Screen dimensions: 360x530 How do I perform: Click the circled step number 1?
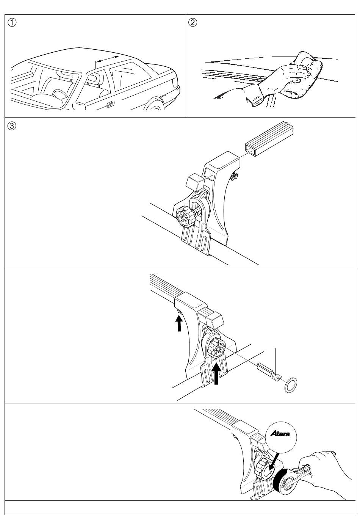click(13, 22)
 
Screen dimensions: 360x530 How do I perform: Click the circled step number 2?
click(193, 22)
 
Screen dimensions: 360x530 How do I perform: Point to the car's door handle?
click(110, 104)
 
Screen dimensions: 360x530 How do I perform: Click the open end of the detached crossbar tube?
click(250, 147)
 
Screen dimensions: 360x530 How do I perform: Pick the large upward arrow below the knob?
click(216, 373)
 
